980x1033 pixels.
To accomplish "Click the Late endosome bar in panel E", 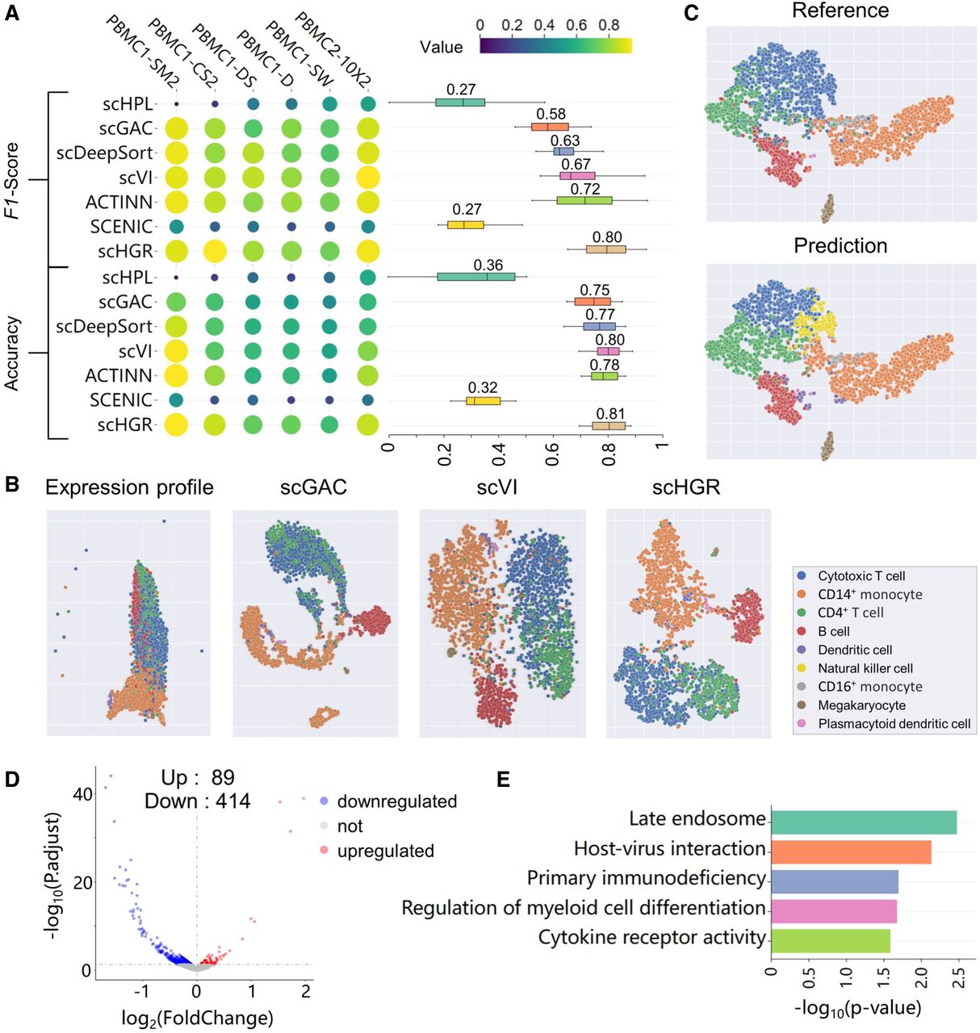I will click(863, 822).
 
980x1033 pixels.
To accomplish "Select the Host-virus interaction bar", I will click(851, 852).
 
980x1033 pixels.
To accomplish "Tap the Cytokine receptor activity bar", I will click(830, 941).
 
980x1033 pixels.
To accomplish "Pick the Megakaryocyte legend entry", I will click(861, 705).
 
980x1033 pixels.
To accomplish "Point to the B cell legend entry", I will click(833, 631).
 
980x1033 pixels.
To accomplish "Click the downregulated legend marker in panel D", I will click(325, 801).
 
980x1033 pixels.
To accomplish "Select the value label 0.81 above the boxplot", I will click(611, 414).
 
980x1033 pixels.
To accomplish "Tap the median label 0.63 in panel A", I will click(565, 140).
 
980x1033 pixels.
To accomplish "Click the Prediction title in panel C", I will click(840, 245).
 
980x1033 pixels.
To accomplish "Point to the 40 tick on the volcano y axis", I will click(82, 794).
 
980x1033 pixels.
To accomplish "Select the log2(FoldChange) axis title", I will click(197, 1018).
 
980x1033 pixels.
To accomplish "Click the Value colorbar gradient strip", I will click(555, 45).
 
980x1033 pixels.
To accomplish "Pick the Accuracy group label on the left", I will click(12, 353).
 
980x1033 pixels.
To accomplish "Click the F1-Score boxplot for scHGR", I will click(605, 250).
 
